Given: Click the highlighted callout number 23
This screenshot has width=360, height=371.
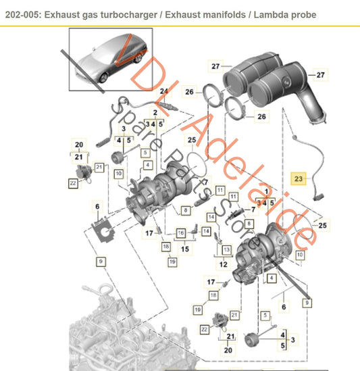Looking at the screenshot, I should click(x=298, y=178).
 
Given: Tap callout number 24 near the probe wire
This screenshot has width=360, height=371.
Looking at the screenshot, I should click(x=163, y=91).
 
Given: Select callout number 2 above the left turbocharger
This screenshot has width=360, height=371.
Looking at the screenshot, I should click(x=155, y=112).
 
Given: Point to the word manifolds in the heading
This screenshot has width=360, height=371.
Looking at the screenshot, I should click(x=228, y=14).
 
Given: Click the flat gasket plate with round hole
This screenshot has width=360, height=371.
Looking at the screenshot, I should click(x=103, y=228).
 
